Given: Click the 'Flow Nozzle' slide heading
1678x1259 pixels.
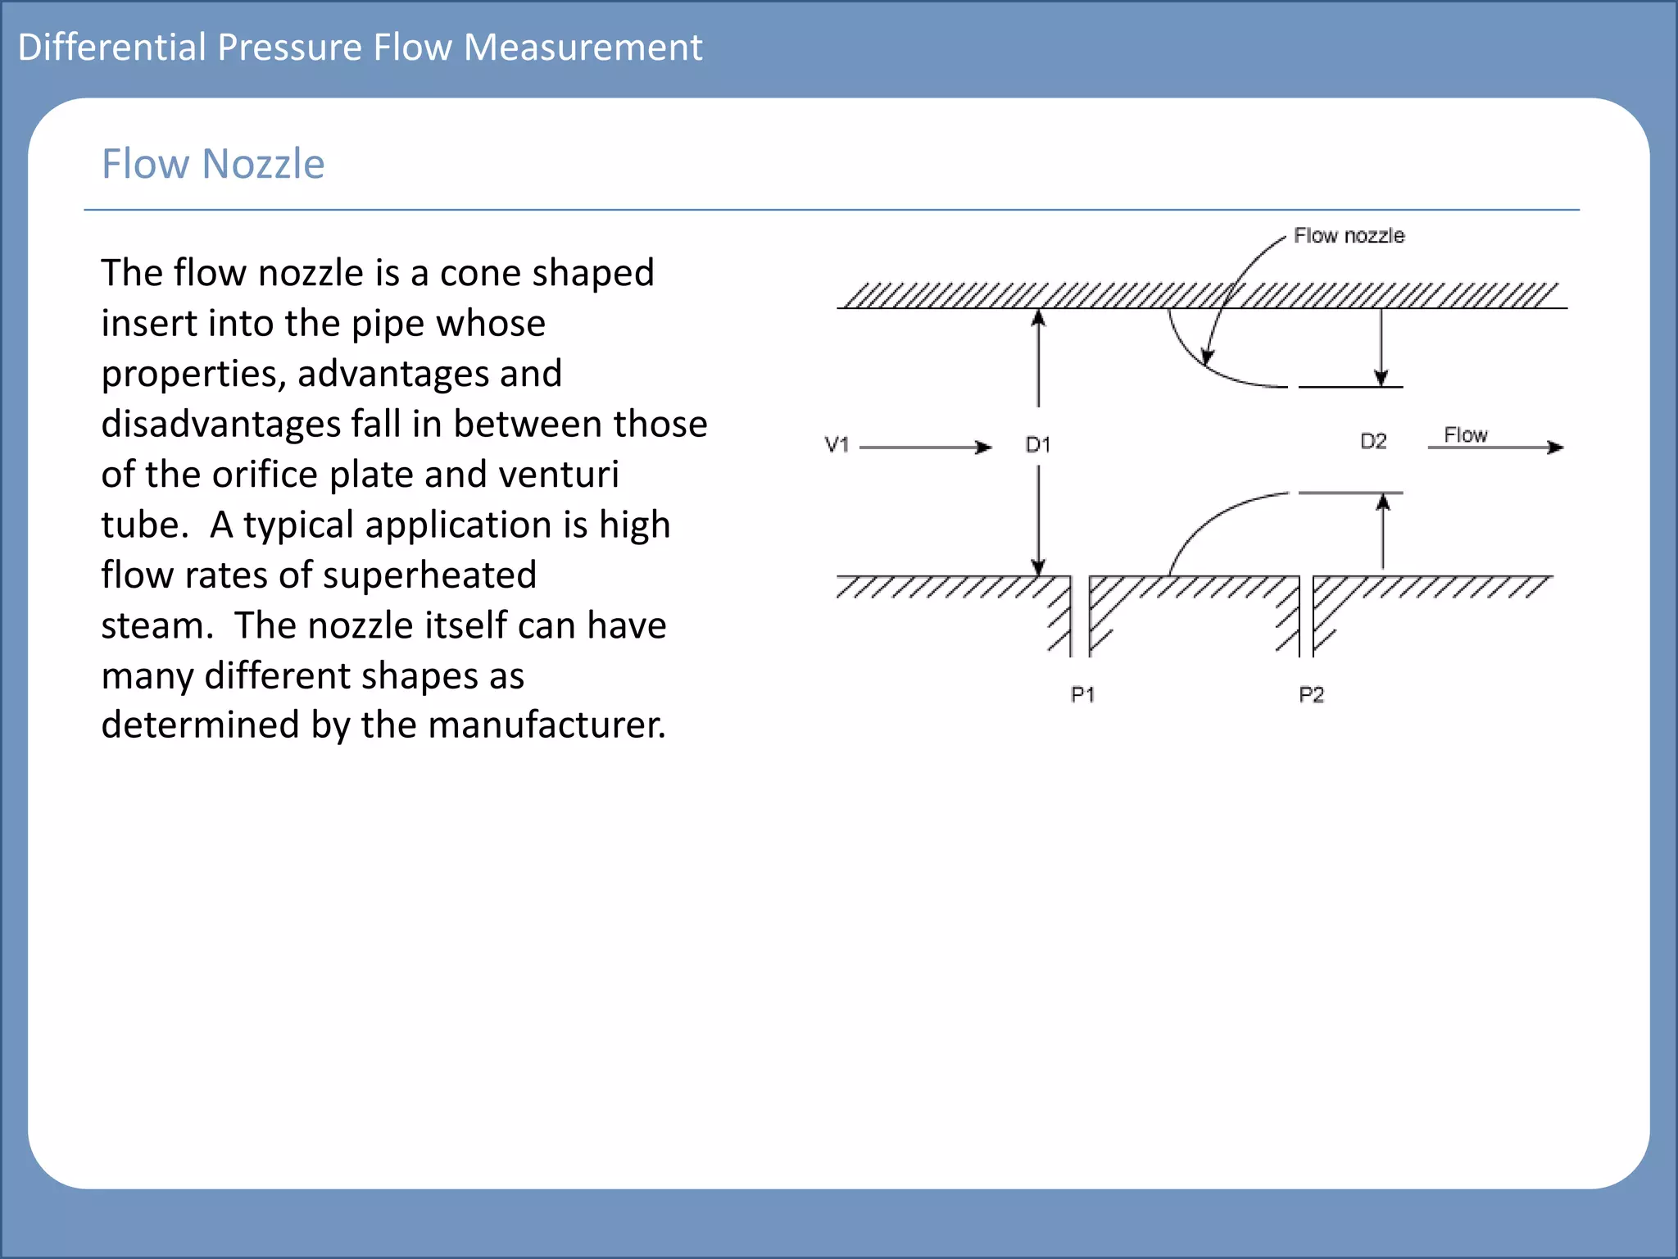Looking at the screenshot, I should click(213, 164).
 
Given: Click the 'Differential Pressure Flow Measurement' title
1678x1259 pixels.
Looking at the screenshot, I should click(360, 48).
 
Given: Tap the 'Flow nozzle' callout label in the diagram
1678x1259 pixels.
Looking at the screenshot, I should click(1349, 236).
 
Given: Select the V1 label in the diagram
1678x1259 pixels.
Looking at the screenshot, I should click(837, 445).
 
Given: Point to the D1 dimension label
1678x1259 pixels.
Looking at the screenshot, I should click(1038, 445).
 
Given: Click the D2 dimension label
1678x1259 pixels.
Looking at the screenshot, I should click(1373, 442).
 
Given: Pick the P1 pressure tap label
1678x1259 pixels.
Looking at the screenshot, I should click(1082, 695).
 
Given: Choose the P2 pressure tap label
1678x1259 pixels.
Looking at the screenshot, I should click(1311, 695).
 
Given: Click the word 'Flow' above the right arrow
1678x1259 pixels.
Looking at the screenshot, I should click(1465, 435).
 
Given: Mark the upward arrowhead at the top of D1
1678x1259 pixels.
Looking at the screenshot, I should click(1038, 318).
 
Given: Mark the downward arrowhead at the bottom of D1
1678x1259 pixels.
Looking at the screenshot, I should click(1038, 567).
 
